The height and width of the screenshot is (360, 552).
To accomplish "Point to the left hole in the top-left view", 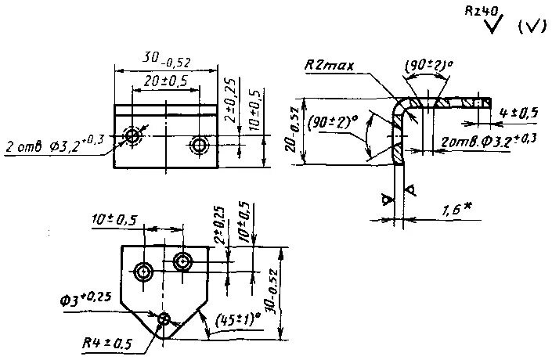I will tap(133, 136).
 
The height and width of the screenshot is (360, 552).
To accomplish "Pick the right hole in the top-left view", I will tap(200, 144).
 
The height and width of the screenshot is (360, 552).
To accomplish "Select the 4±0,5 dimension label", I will tap(518, 113).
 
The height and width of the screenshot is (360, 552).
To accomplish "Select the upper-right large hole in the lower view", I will tap(183, 261).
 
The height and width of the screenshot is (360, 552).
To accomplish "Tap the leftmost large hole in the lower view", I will tap(143, 272).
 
